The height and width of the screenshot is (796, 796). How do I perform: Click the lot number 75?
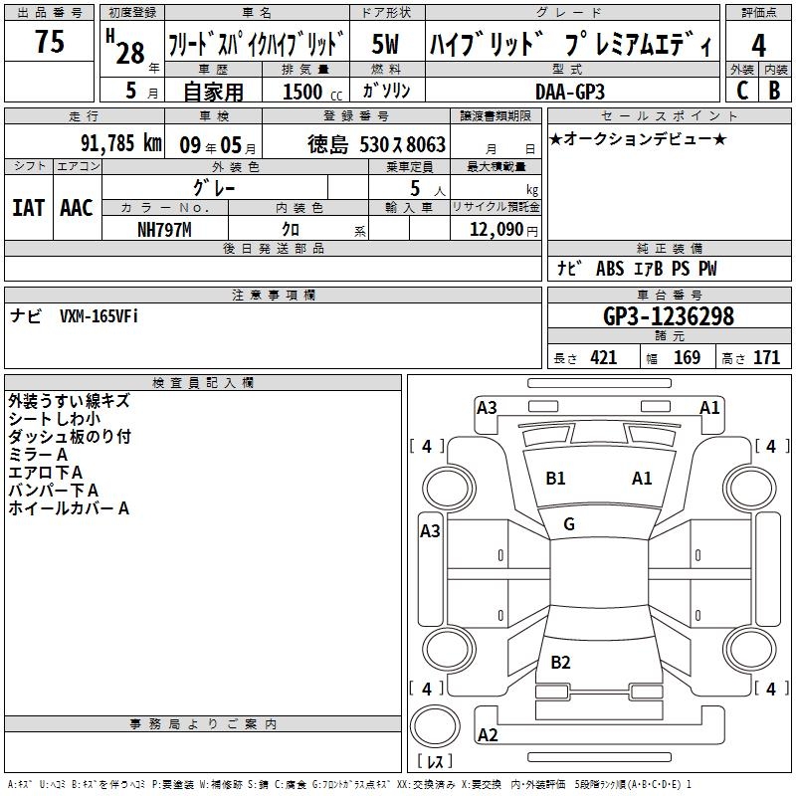[x=50, y=41]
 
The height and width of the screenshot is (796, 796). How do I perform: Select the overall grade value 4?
[x=758, y=46]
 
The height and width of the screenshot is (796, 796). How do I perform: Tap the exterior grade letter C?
[x=742, y=91]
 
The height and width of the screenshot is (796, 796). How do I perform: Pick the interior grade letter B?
[x=775, y=91]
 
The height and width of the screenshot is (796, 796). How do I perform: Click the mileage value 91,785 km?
[x=121, y=143]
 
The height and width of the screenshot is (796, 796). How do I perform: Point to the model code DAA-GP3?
[x=570, y=92]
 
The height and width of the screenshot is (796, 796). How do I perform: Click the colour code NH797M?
[x=164, y=230]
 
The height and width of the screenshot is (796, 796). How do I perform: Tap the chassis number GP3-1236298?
[x=669, y=316]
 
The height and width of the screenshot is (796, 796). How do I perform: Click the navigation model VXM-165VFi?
[x=99, y=316]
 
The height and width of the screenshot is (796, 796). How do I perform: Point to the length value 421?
[x=604, y=358]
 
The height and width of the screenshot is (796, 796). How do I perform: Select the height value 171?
[x=766, y=358]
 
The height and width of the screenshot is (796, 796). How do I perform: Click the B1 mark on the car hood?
[x=555, y=479]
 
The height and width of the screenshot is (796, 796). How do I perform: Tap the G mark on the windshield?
[x=569, y=524]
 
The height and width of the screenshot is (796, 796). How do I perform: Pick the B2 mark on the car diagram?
[x=560, y=662]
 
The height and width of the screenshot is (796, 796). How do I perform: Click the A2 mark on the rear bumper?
[x=488, y=734]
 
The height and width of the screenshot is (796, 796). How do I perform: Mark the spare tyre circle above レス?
[x=435, y=727]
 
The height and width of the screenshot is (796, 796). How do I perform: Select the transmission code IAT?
[x=28, y=208]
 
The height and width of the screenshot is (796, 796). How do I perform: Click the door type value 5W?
[x=385, y=44]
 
